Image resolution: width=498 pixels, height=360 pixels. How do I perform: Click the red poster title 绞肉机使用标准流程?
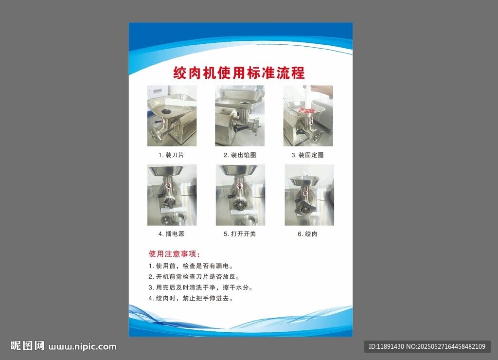[239, 73]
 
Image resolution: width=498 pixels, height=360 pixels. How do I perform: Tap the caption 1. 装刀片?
[171, 155]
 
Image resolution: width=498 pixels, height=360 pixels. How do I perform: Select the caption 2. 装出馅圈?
[240, 155]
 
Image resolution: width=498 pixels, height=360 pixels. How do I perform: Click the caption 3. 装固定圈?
[307, 155]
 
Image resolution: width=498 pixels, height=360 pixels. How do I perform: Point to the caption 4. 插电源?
[171, 234]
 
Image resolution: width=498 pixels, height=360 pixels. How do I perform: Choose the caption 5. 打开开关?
[240, 234]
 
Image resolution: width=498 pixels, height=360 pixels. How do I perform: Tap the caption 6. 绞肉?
[307, 234]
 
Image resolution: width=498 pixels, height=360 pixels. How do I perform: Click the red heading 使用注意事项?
[175, 254]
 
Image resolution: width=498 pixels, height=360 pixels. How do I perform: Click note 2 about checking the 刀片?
[194, 277]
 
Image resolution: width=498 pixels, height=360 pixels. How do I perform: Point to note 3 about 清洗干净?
[201, 288]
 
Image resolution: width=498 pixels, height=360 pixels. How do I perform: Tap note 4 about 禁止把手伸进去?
[191, 298]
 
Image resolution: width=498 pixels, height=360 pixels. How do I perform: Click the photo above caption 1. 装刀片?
[172, 116]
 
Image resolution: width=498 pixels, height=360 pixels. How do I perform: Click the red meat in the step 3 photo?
[306, 110]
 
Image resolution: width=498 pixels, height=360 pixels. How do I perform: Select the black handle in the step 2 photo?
[240, 129]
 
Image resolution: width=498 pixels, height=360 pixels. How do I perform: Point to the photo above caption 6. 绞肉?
[309, 195]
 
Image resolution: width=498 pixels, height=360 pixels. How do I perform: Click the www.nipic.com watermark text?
[82, 347]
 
